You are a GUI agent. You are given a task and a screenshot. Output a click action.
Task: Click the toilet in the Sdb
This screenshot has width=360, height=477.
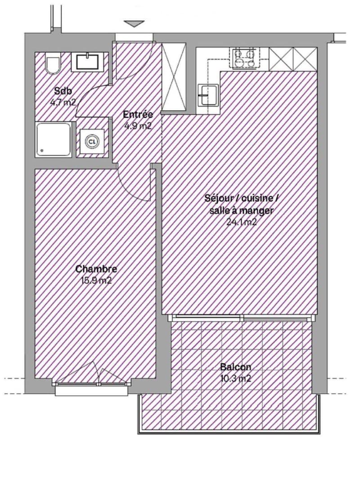pyautogui.click(x=53, y=63)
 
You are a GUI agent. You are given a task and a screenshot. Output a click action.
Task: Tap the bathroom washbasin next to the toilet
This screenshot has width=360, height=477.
pyautogui.click(x=87, y=62)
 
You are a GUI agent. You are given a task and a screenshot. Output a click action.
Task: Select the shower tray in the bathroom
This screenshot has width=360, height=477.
pyautogui.click(x=54, y=140)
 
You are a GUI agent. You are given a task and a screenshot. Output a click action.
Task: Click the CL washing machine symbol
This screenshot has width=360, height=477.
pyautogui.click(x=92, y=142)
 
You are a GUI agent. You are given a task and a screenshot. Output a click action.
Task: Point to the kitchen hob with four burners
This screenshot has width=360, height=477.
pyautogui.click(x=243, y=58)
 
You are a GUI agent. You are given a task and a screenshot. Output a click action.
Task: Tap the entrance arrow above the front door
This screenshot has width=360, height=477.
pyautogui.click(x=134, y=24)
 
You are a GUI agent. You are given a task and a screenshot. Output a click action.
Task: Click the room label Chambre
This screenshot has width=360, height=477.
pyautogui.click(x=96, y=269)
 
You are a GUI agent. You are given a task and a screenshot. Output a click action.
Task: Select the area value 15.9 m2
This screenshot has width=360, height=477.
pyautogui.click(x=96, y=281)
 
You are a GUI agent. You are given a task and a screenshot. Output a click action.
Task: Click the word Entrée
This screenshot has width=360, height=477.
pyautogui.click(x=138, y=115)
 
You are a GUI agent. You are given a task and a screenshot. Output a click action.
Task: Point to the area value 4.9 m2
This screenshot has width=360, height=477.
pyautogui.click(x=138, y=125)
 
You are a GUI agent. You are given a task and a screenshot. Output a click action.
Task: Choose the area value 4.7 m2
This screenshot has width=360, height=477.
pyautogui.click(x=63, y=102)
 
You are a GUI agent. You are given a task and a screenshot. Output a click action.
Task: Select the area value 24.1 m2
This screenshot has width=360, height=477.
pyautogui.click(x=242, y=222)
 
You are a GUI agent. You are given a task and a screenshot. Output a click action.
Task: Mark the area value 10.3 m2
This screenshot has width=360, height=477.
pyautogui.click(x=236, y=379)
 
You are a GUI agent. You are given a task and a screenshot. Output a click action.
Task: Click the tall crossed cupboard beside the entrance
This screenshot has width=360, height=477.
pyautogui.click(x=174, y=77)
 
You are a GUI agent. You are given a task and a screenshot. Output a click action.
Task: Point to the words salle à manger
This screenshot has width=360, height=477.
pyautogui.click(x=241, y=210)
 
